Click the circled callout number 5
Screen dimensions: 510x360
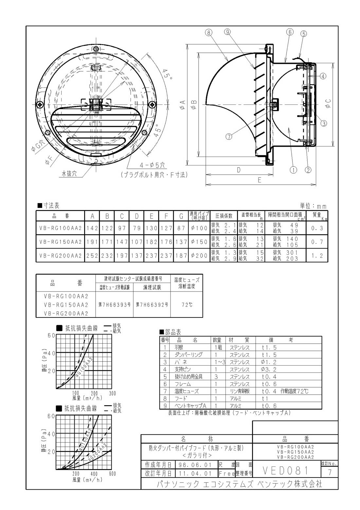(x=304, y=34)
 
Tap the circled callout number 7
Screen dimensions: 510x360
(x=229, y=137)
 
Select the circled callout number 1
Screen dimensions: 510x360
(x=293, y=170)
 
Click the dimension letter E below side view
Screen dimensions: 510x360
(x=260, y=180)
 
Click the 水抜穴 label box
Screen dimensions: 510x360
(x=69, y=174)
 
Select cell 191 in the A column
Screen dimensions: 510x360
(x=92, y=242)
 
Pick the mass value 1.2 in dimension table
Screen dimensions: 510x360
(x=317, y=256)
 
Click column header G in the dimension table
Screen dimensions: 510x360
(x=181, y=216)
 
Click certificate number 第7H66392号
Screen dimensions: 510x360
(x=152, y=305)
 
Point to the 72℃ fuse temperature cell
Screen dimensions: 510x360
(x=187, y=305)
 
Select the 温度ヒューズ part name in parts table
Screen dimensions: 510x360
(x=187, y=391)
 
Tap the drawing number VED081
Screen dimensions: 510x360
(x=286, y=471)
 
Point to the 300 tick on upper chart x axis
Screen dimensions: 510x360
(x=112, y=393)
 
